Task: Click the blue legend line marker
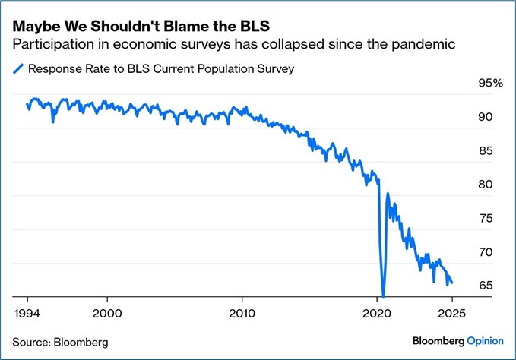18,69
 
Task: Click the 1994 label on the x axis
27,312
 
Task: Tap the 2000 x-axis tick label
107,312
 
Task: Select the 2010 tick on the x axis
242,312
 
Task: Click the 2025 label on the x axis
451,312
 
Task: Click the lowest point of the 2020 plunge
384,296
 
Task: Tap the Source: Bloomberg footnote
60,342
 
